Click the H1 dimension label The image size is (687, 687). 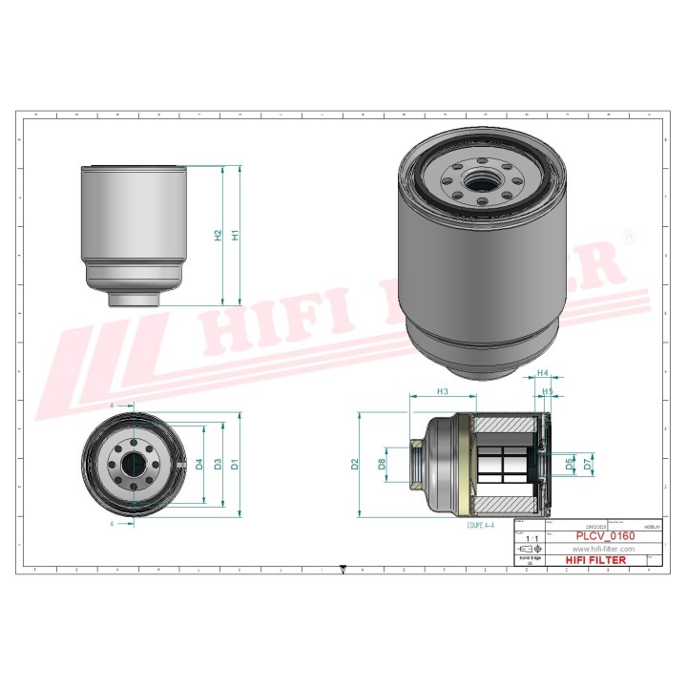click(234, 235)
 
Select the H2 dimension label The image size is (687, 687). click(219, 235)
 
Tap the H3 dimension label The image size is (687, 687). click(442, 391)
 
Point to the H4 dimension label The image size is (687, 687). click(543, 373)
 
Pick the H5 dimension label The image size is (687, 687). click(548, 391)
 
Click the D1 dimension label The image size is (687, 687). click(234, 465)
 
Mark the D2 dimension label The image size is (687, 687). click(355, 465)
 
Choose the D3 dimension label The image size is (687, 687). click(219, 465)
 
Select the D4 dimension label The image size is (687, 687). click(199, 465)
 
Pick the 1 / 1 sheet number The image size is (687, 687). click(530, 538)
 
